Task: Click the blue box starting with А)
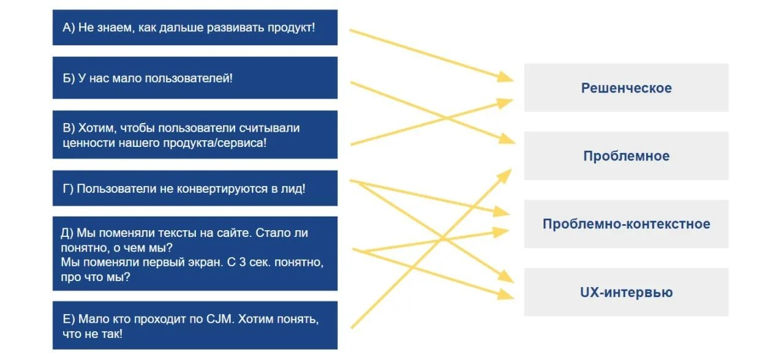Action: click(x=195, y=28)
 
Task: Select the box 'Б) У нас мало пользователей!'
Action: click(x=195, y=78)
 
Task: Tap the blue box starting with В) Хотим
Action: click(x=195, y=135)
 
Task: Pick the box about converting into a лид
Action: click(x=195, y=189)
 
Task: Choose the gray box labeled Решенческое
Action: click(x=626, y=88)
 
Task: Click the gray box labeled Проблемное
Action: click(x=626, y=156)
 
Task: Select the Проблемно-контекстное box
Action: click(x=626, y=223)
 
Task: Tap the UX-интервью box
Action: click(x=626, y=292)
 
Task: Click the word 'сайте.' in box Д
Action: click(x=232, y=233)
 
